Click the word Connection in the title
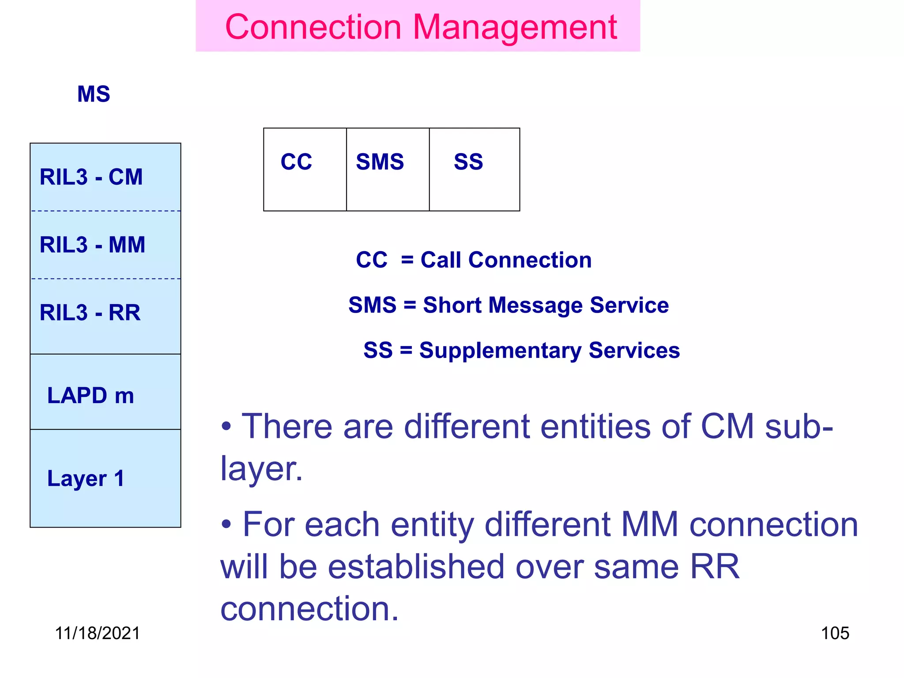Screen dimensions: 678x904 (313, 27)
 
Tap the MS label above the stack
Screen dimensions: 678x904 (94, 94)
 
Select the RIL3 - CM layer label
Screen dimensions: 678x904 (91, 177)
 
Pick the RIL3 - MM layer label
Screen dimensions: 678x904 (92, 245)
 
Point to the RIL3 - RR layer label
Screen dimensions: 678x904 (90, 313)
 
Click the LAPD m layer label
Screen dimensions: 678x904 (90, 395)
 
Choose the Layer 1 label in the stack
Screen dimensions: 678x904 (86, 478)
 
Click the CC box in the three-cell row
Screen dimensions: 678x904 (305, 169)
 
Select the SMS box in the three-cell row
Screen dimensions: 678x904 (388, 169)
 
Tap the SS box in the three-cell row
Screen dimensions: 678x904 (474, 169)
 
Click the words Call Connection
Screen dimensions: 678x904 (506, 260)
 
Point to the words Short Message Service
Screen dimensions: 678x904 (546, 305)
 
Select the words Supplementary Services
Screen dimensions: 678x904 (550, 350)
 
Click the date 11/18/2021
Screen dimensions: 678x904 (97, 633)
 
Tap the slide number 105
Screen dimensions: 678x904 (835, 633)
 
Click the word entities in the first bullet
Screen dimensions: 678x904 (595, 426)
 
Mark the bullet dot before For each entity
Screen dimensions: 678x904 (226, 525)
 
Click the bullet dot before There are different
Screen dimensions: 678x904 (226, 427)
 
